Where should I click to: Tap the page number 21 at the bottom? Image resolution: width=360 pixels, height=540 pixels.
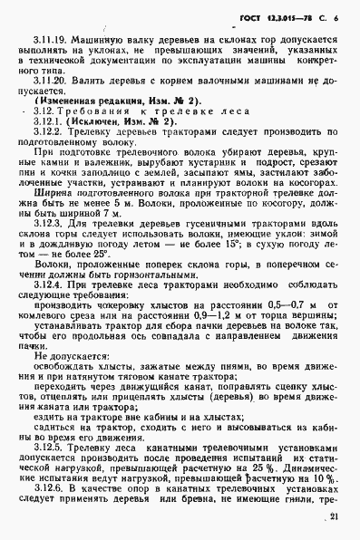click(x=337, y=517)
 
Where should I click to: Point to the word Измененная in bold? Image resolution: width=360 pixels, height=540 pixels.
click(x=75, y=131)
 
